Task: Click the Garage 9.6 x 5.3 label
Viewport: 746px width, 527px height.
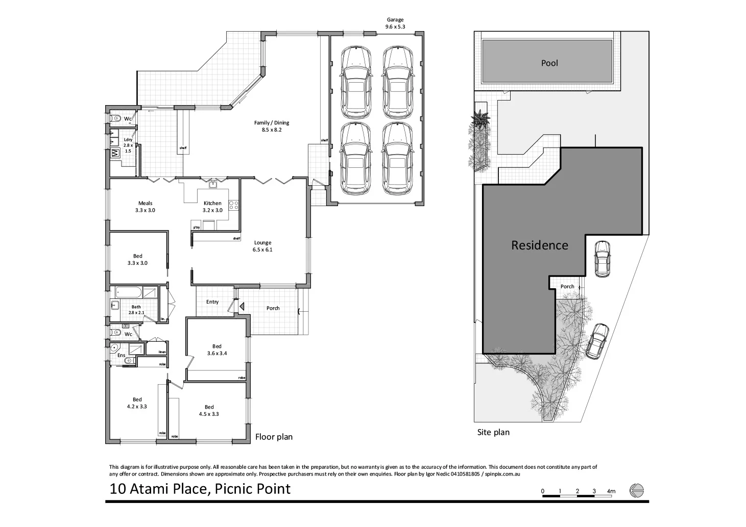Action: pyautogui.click(x=394, y=23)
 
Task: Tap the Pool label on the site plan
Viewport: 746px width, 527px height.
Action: pyautogui.click(x=549, y=63)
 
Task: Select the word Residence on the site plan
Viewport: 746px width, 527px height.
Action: pyautogui.click(x=539, y=245)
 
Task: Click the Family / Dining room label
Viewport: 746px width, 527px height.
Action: pyautogui.click(x=272, y=126)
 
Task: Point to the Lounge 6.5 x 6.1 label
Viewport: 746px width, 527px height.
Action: pyautogui.click(x=262, y=246)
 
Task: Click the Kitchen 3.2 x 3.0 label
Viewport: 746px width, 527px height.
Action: pyautogui.click(x=212, y=207)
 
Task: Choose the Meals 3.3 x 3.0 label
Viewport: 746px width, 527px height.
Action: pyautogui.click(x=145, y=207)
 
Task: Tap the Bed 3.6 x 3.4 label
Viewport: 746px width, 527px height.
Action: pyautogui.click(x=216, y=350)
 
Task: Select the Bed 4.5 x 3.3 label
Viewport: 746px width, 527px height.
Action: pyautogui.click(x=209, y=410)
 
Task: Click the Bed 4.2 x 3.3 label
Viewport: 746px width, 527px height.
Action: pyautogui.click(x=137, y=403)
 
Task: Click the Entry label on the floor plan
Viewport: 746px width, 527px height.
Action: pyautogui.click(x=212, y=302)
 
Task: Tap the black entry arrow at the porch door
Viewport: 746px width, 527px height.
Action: pyautogui.click(x=242, y=306)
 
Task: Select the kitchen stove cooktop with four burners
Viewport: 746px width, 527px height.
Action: pyautogui.click(x=234, y=205)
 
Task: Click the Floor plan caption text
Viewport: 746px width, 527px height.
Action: pyautogui.click(x=274, y=437)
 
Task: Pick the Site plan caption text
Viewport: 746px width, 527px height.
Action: pyautogui.click(x=493, y=433)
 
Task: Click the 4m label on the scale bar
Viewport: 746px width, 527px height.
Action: pyautogui.click(x=611, y=491)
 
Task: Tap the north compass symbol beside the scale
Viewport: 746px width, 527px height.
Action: pyautogui.click(x=637, y=490)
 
